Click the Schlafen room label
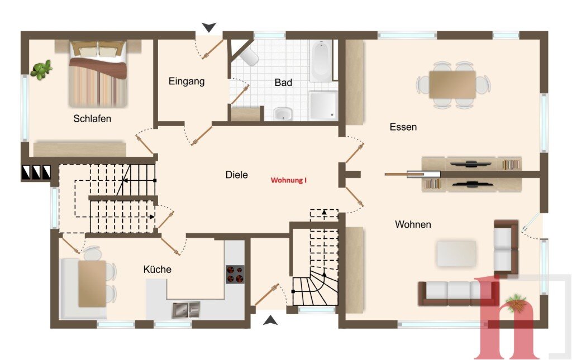coord(92,119)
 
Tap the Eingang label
coord(187,81)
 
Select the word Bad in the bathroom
coord(283,83)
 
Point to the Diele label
coord(236,175)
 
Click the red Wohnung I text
coord(289,180)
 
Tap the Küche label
coord(157,270)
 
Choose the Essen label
coord(403,127)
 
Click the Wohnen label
coord(413,224)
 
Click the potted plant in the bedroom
coord(41,70)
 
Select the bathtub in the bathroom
coord(321,61)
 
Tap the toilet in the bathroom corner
coord(249,57)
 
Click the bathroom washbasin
coord(283,114)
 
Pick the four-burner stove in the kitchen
coord(235,275)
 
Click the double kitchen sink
coord(186,310)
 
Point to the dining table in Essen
coord(452,84)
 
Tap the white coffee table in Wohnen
coord(456,253)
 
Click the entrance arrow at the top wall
coord(209,27)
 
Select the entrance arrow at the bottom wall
coord(270,320)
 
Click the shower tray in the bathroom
coord(323,105)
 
